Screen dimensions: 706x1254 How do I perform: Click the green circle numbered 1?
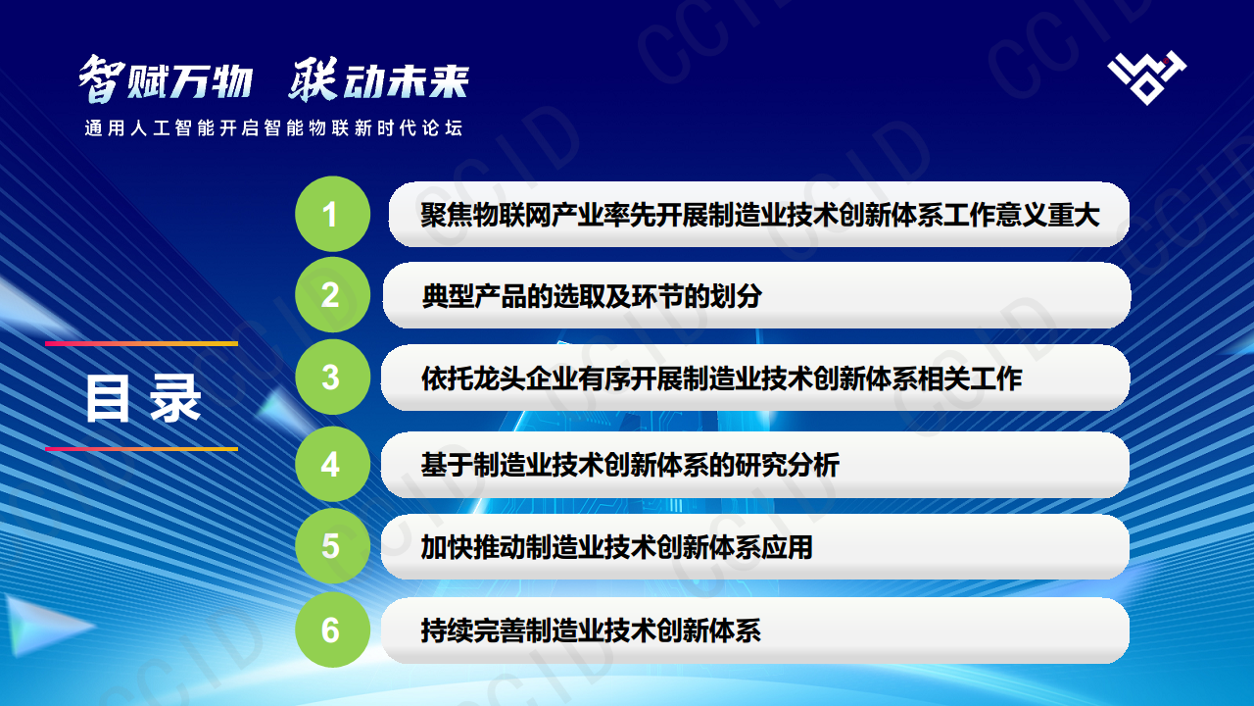pyautogui.click(x=332, y=214)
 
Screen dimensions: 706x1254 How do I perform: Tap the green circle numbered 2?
pyautogui.click(x=332, y=294)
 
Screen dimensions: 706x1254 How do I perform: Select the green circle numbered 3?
pyautogui.click(x=332, y=377)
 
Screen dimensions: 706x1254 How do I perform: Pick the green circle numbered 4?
pyautogui.click(x=332, y=464)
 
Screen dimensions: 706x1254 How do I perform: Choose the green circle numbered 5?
pyautogui.click(x=332, y=546)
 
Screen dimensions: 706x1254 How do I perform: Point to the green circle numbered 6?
pyautogui.click(x=332, y=630)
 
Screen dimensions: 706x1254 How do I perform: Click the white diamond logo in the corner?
pyautogui.click(x=1146, y=76)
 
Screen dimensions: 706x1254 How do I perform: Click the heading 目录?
pyautogui.click(x=143, y=398)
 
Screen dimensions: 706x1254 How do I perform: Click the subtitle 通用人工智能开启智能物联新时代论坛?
pyautogui.click(x=273, y=128)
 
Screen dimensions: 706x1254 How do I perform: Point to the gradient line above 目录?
pyautogui.click(x=141, y=344)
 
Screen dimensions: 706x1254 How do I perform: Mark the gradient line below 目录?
pyautogui.click(x=141, y=449)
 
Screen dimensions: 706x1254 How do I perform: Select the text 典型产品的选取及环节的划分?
pyautogui.click(x=592, y=295)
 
